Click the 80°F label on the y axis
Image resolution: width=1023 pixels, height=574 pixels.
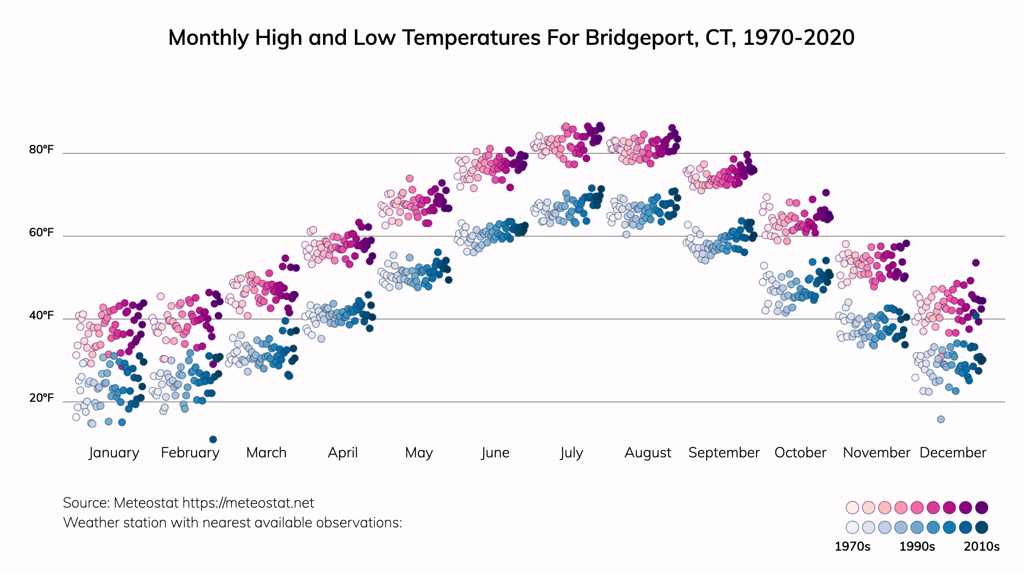coord(41,149)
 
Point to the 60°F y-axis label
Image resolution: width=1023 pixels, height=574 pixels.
coord(41,232)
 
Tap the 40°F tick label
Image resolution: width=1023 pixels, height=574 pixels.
coord(41,315)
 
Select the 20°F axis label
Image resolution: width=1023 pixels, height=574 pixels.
coord(41,398)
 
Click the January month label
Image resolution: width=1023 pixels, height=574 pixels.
coord(114,452)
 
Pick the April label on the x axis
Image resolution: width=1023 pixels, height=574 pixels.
coord(343,452)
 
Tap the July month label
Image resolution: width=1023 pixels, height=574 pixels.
coord(572,452)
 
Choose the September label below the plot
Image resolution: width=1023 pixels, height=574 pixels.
coord(724,452)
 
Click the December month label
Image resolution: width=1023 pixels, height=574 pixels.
coord(953,452)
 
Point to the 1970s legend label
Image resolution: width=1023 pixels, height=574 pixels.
coord(852,546)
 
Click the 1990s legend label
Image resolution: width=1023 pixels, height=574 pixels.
coord(917,546)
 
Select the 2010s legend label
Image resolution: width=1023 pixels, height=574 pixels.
coord(982,546)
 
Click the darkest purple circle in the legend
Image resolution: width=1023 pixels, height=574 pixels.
coord(982,508)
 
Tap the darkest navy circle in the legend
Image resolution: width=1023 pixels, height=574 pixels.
coord(982,527)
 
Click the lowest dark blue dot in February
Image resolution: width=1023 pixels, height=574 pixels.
coord(213,439)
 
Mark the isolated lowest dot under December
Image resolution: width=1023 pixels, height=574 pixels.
coord(941,419)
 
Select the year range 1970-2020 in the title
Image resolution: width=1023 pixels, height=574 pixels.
coord(799,38)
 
